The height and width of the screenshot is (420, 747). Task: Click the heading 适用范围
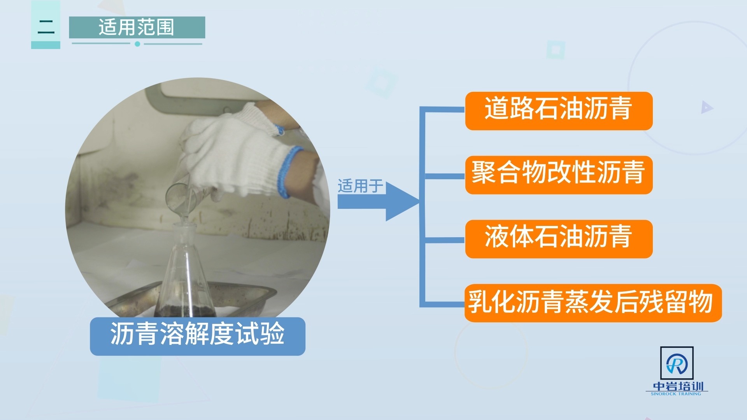(137, 27)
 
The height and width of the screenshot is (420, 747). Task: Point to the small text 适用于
(360, 186)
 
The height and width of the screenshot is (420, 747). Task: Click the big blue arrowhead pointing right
(401, 202)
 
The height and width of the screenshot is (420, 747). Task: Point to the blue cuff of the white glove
(288, 171)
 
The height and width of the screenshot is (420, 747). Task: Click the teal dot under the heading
(137, 44)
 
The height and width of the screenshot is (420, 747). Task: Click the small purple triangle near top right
(707, 107)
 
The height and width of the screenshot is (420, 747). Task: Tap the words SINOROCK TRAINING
(676, 394)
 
